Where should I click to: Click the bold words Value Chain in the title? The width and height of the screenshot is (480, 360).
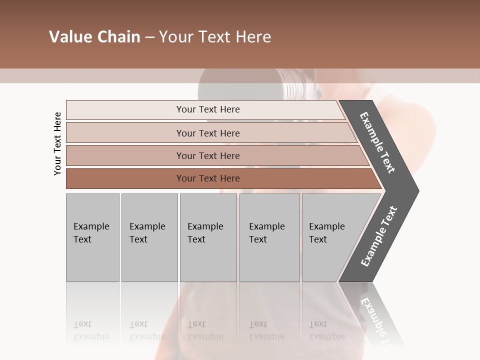point(94,37)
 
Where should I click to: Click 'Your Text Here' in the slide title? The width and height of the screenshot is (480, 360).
point(215,37)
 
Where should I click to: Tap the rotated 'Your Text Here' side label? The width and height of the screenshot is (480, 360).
point(57,144)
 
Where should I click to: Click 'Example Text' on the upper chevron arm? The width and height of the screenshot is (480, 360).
point(377,142)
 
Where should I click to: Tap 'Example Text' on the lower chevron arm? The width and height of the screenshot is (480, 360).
point(378,236)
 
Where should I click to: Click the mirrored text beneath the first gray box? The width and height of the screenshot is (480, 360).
point(91,330)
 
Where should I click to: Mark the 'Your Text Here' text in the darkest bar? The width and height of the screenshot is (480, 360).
point(208,178)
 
